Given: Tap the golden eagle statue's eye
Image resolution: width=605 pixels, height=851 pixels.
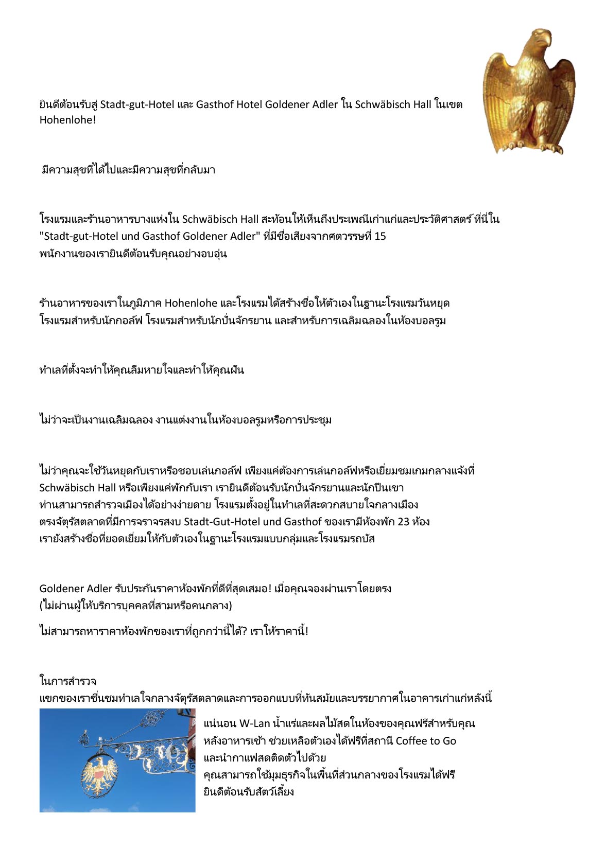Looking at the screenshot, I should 539,38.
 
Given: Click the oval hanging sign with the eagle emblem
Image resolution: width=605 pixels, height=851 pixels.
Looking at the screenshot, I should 99,775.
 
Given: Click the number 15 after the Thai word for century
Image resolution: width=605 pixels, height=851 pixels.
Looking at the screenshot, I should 380,236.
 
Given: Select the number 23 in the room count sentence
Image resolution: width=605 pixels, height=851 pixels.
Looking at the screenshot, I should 403,522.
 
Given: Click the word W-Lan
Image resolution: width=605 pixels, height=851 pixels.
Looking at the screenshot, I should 254,723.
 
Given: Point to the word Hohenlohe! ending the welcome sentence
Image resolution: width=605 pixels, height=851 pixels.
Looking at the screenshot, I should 67,120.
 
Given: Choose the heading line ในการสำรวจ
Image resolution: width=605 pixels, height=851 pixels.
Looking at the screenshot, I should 67,681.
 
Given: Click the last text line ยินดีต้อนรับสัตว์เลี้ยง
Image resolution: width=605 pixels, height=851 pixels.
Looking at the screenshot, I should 249,792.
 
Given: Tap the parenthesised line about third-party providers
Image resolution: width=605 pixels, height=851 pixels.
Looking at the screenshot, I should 135,605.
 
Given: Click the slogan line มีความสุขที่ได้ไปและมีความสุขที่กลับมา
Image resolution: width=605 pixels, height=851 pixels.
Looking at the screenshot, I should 128,170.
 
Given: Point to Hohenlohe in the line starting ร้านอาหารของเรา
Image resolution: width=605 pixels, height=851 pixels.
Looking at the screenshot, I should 191,303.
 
